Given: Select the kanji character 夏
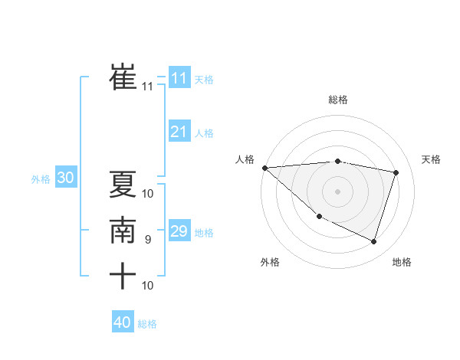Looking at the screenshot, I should [123, 184].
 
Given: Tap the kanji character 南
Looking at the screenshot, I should [123, 230].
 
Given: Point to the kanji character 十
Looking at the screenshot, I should [123, 275].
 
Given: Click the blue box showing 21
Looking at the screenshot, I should [179, 132].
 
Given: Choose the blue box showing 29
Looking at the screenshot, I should [179, 231].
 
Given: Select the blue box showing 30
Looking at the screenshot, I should [65, 178].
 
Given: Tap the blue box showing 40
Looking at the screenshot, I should [123, 322].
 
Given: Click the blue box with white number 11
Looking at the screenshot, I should [179, 77].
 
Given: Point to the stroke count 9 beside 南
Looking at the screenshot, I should [148, 240].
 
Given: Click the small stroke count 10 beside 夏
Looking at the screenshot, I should [148, 193].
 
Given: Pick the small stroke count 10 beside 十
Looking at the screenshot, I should [148, 285].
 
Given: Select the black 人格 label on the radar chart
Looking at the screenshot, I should [245, 159].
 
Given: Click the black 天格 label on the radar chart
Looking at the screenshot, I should [431, 159].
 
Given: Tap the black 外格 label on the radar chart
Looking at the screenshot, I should [270, 262].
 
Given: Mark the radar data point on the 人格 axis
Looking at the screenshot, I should [264, 168].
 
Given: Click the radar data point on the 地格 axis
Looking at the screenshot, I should [373, 242].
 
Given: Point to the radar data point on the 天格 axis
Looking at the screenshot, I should [396, 172].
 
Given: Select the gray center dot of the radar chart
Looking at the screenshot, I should [337, 191].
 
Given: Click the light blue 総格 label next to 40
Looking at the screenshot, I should [147, 324].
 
